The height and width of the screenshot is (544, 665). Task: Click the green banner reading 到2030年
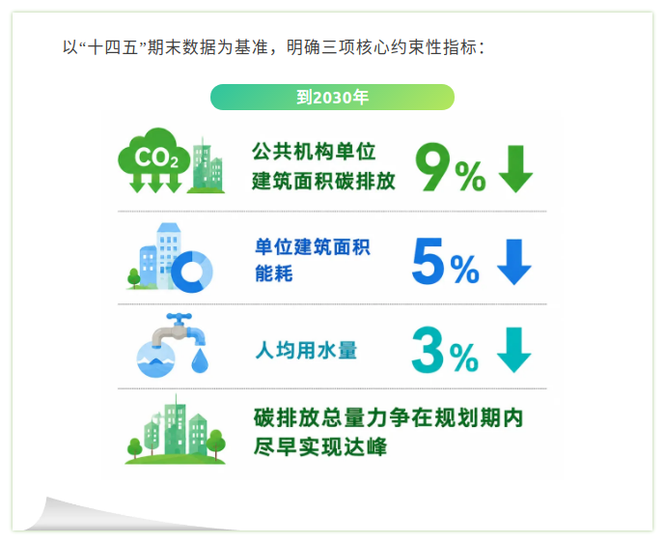pos(332,98)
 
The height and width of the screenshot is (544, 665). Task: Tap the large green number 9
pos(433,166)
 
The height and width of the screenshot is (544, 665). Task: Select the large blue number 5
pos(428,260)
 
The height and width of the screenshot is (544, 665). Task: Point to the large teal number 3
pos(428,350)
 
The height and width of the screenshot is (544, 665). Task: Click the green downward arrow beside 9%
pos(515,168)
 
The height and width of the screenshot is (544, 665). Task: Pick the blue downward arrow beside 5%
pos(514,262)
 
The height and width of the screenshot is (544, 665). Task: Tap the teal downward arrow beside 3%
pos(514,350)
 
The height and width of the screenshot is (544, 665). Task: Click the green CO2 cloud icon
pos(154,159)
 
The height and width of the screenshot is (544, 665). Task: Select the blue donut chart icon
pos(192,272)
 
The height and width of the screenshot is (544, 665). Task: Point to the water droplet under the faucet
pos(200,360)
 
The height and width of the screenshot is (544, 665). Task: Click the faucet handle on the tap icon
pos(179,318)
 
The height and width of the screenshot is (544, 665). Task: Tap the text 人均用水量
pos(306,351)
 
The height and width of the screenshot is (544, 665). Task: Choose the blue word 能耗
pos(273,273)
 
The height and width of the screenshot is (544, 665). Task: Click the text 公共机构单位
pos(314,152)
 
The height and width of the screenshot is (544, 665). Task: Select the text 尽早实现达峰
pos(320,446)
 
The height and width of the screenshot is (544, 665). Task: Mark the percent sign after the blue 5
pos(465,270)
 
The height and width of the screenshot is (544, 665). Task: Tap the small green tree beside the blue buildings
pos(134,277)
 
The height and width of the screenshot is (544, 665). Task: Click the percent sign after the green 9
pos(470,176)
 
